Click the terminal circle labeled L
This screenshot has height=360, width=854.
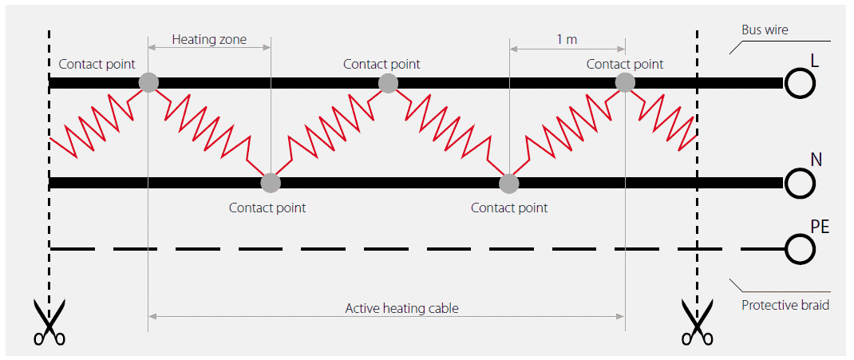pyautogui.click(x=799, y=82)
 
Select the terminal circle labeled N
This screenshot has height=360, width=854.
pyautogui.click(x=799, y=183)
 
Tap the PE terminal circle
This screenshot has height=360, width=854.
pyautogui.click(x=799, y=249)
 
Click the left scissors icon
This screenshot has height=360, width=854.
pyautogui.click(x=49, y=322)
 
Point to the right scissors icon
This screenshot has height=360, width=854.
pyautogui.click(x=698, y=322)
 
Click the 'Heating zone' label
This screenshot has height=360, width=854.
pyautogui.click(x=209, y=38)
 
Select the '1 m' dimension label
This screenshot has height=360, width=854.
pyautogui.click(x=567, y=38)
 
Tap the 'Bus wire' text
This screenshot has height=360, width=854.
pyautogui.click(x=765, y=30)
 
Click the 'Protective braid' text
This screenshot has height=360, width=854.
pyautogui.click(x=785, y=304)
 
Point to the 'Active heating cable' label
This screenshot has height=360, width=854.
pyautogui.click(x=401, y=307)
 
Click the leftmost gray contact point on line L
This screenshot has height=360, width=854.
pyautogui.click(x=148, y=81)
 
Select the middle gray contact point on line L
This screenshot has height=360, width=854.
pyautogui.click(x=388, y=82)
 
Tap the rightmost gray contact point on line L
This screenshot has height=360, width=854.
pyautogui.click(x=625, y=81)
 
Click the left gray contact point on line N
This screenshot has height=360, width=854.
pyautogui.click(x=271, y=183)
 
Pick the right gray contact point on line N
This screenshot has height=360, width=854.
pyautogui.click(x=508, y=184)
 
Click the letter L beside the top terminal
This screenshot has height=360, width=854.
pyautogui.click(x=815, y=61)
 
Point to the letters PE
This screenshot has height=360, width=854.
pyautogui.click(x=820, y=227)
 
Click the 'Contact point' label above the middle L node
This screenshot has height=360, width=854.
pyautogui.click(x=382, y=64)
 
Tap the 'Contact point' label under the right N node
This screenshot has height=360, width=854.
pyautogui.click(x=509, y=208)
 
